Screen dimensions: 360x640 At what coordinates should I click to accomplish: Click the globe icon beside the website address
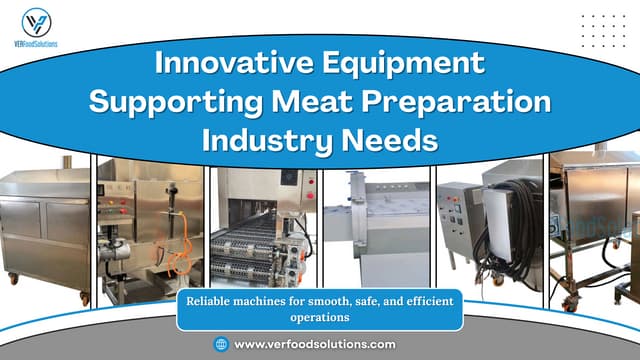click(x=221, y=344)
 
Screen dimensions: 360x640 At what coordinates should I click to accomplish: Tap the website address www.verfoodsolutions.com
click(x=314, y=344)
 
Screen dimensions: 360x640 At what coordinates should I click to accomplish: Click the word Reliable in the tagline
click(x=211, y=301)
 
